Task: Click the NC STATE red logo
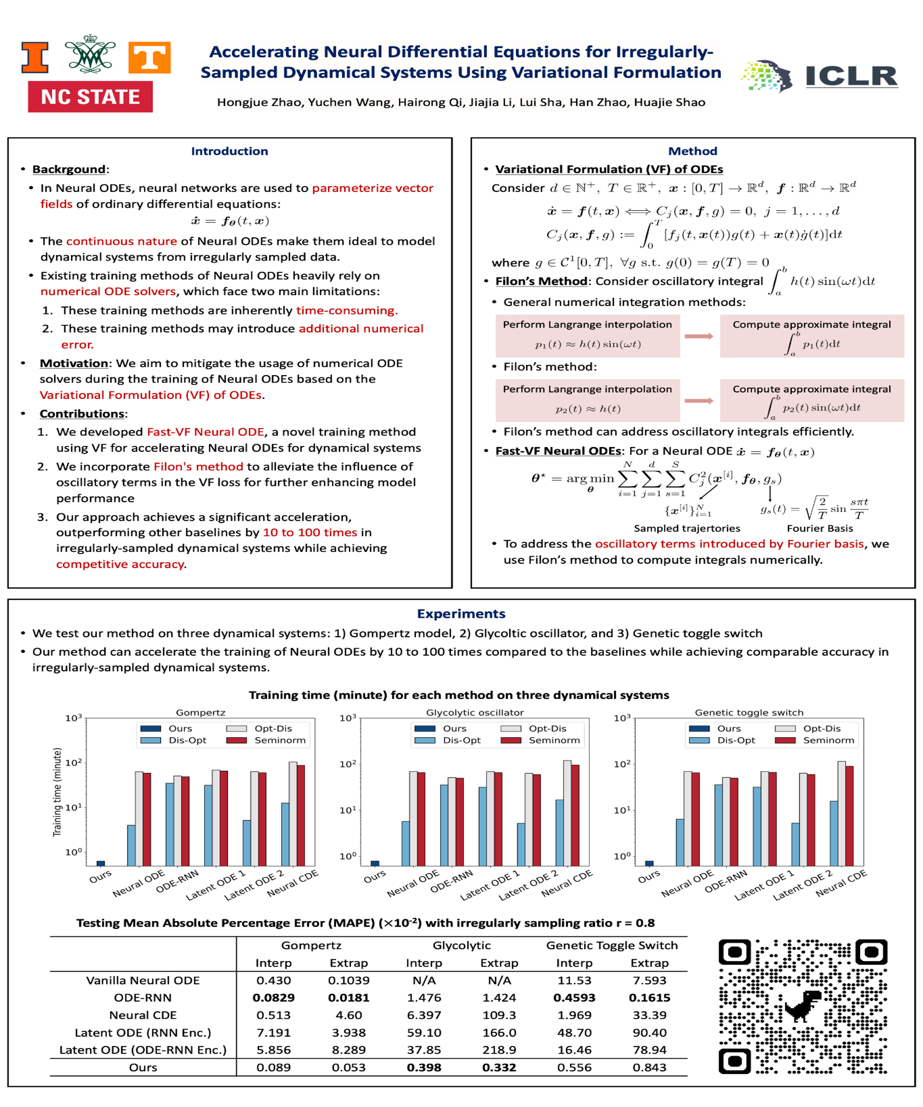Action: (90, 97)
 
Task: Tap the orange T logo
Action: (149, 57)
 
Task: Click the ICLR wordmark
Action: (851, 77)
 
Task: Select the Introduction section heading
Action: (230, 151)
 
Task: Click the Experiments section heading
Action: (461, 613)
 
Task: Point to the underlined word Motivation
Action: (74, 363)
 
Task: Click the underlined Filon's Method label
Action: (541, 281)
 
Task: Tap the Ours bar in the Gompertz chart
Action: (101, 863)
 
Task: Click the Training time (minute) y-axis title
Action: (57, 792)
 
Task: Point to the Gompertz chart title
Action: (200, 713)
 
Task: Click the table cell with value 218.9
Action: (499, 1050)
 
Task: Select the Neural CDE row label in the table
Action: (143, 1015)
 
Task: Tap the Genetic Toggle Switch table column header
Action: (612, 946)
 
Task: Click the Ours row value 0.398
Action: (424, 1067)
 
